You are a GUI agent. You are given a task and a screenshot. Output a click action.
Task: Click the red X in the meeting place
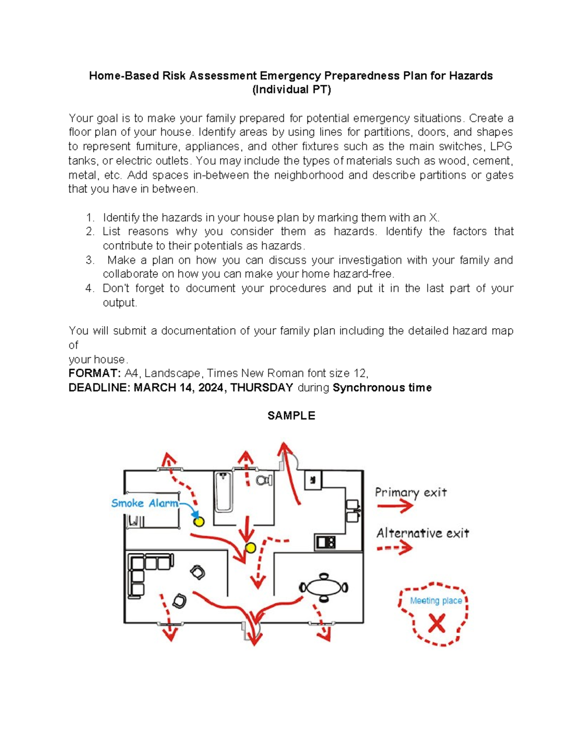(x=436, y=623)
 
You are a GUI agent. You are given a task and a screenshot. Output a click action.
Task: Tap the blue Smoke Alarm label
(x=144, y=503)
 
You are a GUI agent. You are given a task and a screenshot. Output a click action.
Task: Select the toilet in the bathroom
(x=264, y=481)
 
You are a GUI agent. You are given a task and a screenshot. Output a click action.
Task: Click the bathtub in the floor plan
(x=223, y=491)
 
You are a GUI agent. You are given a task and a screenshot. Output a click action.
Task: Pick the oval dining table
(x=324, y=587)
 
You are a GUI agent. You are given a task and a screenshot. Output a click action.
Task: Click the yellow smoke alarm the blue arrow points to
(x=199, y=522)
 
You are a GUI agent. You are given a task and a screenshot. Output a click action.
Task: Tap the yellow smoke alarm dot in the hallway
(x=250, y=548)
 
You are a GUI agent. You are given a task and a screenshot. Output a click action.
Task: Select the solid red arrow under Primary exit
(x=394, y=506)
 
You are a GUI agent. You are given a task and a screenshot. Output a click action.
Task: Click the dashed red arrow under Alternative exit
(x=394, y=548)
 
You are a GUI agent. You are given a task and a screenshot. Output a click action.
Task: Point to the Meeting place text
(x=436, y=601)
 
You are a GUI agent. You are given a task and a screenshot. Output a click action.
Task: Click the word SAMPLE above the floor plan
(x=291, y=416)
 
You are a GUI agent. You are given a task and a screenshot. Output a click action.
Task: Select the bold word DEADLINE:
(x=99, y=387)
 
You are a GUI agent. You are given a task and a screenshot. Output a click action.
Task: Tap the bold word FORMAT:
(x=94, y=373)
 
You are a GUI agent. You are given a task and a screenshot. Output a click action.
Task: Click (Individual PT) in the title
(x=291, y=90)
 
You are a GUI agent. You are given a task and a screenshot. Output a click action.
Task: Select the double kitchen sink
(x=352, y=511)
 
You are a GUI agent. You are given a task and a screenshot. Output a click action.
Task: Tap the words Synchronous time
(x=382, y=387)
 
